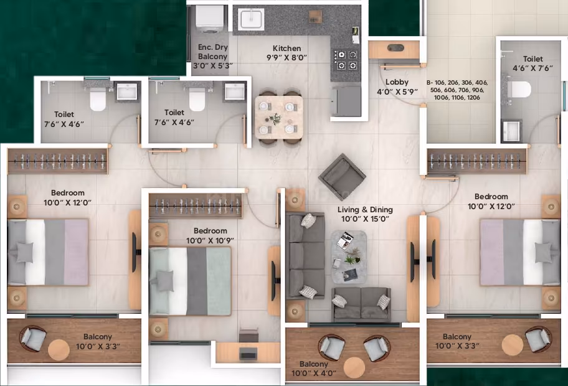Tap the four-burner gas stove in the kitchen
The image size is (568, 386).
(347, 60)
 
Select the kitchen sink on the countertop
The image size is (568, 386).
(250, 19)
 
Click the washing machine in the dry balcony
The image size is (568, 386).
(209, 19)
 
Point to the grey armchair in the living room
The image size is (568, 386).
(342, 177)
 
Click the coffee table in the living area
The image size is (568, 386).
(349, 257)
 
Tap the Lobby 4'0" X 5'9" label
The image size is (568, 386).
(397, 87)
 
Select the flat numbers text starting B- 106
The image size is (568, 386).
(457, 90)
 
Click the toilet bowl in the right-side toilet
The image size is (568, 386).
(519, 89)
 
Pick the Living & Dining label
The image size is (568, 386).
(365, 214)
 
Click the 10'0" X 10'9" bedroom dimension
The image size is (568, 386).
(210, 240)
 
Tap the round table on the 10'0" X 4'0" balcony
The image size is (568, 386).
(354, 367)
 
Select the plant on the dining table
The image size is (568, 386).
(275, 118)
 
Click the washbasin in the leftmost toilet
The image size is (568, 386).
(127, 91)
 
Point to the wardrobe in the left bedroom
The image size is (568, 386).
(57, 161)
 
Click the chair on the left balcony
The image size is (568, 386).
(33, 339)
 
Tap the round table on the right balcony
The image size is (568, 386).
(513, 345)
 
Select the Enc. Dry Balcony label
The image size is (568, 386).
(212, 57)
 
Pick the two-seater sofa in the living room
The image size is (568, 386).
(361, 304)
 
